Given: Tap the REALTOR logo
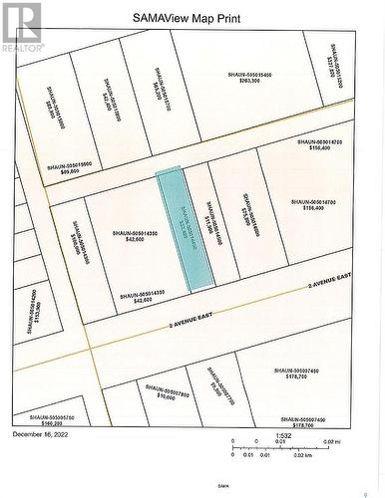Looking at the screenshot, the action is pos(21,28).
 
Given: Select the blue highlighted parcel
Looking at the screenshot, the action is pos(187,229).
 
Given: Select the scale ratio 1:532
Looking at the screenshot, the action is pos(285,435).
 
